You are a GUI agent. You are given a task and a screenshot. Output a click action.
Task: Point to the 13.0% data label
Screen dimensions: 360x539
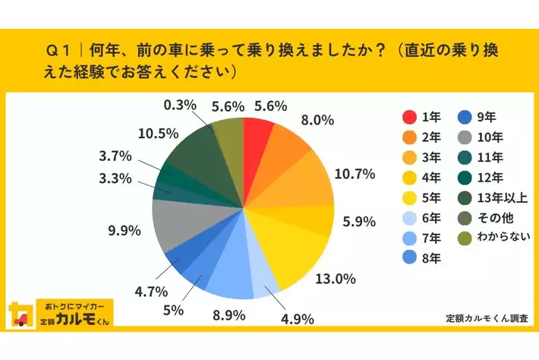(336, 279)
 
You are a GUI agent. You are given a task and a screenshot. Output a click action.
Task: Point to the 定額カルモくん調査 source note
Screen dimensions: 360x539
(487, 317)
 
